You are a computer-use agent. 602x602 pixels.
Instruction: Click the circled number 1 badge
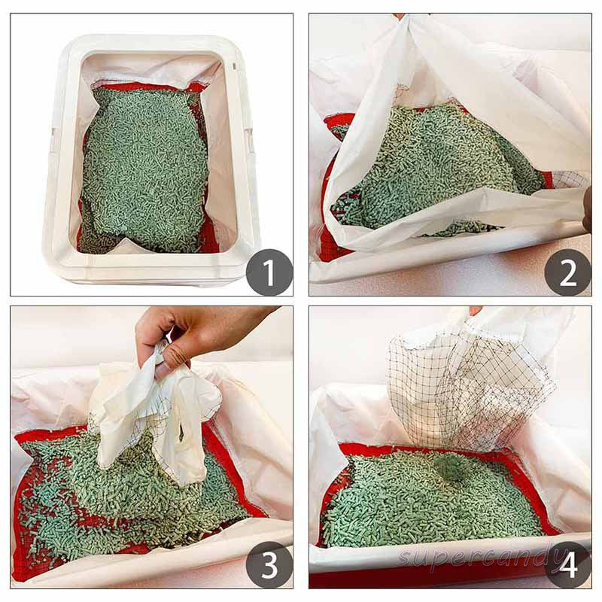click(x=269, y=272)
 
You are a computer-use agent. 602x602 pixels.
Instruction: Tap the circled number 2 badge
click(x=567, y=272)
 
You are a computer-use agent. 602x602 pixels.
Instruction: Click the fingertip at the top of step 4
click(x=474, y=310)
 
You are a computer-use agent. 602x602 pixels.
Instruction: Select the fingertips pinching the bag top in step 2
click(x=399, y=17)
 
